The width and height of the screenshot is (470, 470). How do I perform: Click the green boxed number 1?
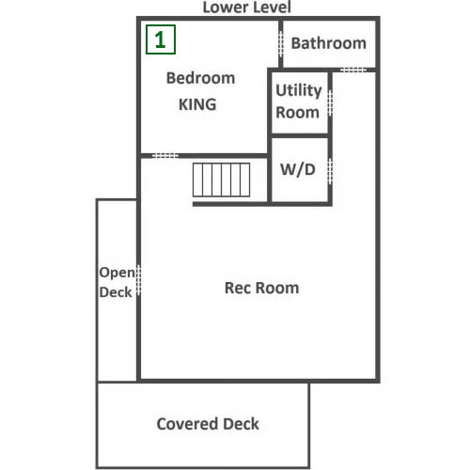tap(161, 39)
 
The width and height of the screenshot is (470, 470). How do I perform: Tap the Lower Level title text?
tap(247, 8)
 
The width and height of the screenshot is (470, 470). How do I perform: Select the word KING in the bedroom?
tap(197, 104)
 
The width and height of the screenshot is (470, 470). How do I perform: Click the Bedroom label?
tap(200, 78)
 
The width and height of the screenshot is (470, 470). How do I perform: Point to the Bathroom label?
tap(329, 43)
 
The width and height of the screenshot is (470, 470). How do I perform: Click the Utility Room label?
tap(299, 102)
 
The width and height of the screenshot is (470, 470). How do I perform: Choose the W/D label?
tap(298, 169)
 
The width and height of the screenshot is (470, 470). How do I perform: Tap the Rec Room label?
tap(261, 288)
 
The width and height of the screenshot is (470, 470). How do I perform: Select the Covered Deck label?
tap(208, 424)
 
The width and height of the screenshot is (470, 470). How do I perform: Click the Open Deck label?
tap(117, 282)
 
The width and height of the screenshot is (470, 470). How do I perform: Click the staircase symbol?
tap(221, 180)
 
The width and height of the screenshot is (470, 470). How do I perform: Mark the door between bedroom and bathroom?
tap(281, 44)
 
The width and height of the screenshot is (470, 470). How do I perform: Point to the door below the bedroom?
tap(165, 155)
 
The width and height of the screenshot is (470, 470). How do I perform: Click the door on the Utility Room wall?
tap(330, 103)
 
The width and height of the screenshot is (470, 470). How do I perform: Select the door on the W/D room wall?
tap(330, 171)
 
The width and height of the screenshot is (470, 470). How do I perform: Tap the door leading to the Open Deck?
tap(138, 280)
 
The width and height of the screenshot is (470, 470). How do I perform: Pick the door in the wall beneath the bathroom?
tap(353, 70)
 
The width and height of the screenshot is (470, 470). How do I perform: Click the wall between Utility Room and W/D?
tap(300, 135)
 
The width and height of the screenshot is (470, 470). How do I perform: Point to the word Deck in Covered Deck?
tap(242, 424)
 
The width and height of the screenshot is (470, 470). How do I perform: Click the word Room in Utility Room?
tap(297, 113)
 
